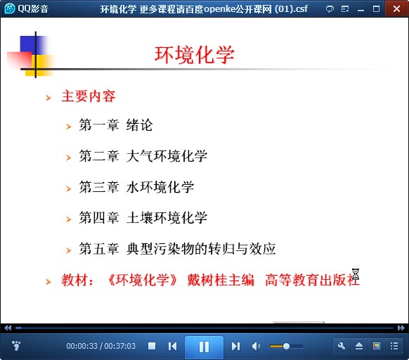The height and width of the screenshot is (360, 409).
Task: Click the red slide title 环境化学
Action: coord(195,55)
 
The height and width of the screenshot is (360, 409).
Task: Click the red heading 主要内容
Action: coord(89,96)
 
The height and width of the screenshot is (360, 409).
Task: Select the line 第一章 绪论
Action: coord(116,124)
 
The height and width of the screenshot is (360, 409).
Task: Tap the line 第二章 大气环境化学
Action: coord(143,156)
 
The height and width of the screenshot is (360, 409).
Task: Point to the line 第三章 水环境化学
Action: coord(136,187)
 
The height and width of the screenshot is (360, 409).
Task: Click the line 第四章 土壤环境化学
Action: coord(143,217)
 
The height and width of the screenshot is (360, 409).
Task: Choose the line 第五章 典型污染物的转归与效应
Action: coord(177,248)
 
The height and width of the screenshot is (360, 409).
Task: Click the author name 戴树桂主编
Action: coord(221,280)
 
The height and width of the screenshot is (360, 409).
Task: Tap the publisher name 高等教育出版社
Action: coord(312,280)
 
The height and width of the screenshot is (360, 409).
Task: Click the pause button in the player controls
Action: coord(204,347)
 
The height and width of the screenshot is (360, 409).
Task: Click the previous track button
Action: coord(172,347)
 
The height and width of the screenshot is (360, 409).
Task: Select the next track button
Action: coord(235,347)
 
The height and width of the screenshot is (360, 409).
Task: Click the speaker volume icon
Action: coord(256,347)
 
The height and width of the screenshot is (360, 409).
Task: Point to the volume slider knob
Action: coord(286,347)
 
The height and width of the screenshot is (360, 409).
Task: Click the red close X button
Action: coord(397,8)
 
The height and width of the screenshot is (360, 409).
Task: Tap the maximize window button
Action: coord(376,9)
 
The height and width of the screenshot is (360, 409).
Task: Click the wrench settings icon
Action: coord(342,346)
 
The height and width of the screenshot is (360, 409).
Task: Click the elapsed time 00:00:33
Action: coord(82,346)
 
